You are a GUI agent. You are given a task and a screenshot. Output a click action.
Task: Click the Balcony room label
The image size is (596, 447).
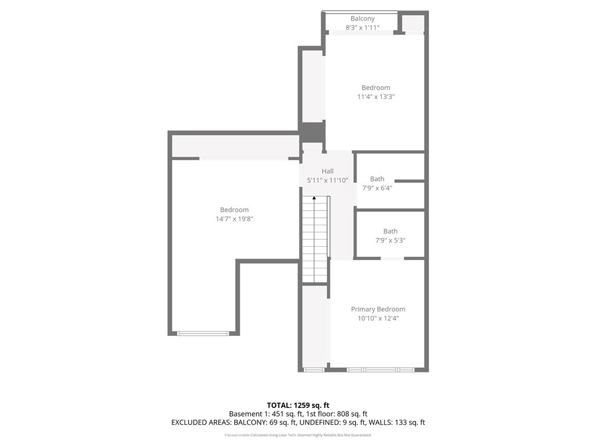pyautogui.click(x=362, y=19)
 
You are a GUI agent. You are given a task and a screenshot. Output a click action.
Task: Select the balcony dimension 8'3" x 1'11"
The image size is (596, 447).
pyautogui.click(x=362, y=27)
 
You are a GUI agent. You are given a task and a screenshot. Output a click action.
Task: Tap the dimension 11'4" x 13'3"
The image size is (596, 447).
pyautogui.click(x=376, y=97)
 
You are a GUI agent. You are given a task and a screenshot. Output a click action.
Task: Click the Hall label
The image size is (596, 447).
pyautogui.click(x=328, y=171)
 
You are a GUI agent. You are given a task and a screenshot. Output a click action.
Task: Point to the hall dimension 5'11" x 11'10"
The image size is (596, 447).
pyautogui.click(x=328, y=180)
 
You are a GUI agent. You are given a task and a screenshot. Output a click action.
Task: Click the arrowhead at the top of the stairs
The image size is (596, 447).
pyautogui.click(x=314, y=198)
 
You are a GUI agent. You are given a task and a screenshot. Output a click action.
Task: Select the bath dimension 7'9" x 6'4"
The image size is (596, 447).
pyautogui.click(x=377, y=188)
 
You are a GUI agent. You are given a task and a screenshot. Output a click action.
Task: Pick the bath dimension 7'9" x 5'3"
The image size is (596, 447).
pyautogui.click(x=391, y=240)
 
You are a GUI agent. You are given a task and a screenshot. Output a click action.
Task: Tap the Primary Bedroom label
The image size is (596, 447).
pyautogui.click(x=378, y=310)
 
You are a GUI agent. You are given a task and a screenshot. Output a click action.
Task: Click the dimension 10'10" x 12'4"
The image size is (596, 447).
pyautogui.click(x=378, y=318)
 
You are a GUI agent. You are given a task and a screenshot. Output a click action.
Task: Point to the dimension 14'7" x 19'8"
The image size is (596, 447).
pyautogui.click(x=235, y=219)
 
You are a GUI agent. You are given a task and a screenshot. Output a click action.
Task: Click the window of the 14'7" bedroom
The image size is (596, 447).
pyautogui.click(x=203, y=334)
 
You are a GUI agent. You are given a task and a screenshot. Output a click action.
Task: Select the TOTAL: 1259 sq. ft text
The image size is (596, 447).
pyautogui.click(x=298, y=405)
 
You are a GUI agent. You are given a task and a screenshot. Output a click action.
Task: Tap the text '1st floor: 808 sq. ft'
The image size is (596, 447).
pyautogui.click(x=337, y=414)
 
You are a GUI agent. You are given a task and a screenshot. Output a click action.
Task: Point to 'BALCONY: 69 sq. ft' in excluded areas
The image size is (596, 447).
pyautogui.click(x=265, y=423)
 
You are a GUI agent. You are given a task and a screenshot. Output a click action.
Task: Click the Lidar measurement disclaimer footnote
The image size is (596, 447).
pyautogui.click(x=298, y=435)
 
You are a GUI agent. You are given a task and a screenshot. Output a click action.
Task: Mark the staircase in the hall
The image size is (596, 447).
pyautogui.click(x=315, y=239)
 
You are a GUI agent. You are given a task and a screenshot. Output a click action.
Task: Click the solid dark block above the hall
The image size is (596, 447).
pyautogui.click(x=312, y=132)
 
